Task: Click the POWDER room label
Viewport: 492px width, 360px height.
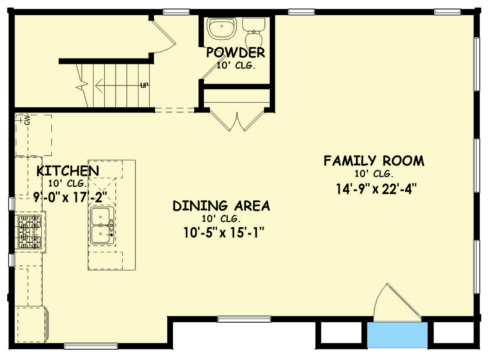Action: (x=235, y=53)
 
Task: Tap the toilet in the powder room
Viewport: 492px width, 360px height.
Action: (x=254, y=32)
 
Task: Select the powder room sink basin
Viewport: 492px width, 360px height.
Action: (x=222, y=28)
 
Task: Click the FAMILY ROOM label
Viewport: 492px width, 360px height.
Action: (x=374, y=161)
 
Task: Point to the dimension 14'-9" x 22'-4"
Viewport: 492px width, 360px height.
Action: (x=376, y=189)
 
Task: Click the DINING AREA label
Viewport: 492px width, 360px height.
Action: (x=221, y=206)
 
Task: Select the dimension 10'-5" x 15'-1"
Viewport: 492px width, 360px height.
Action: (x=224, y=233)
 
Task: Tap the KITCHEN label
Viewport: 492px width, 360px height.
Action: (x=68, y=171)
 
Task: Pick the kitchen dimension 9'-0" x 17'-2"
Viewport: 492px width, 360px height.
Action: (x=70, y=198)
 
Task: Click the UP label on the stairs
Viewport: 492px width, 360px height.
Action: (x=144, y=85)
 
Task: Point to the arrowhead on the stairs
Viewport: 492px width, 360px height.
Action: (x=98, y=85)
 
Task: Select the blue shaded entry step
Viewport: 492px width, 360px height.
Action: (x=397, y=335)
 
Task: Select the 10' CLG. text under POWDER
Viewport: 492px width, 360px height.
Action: (x=235, y=66)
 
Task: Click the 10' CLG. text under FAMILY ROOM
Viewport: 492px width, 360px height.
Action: (x=374, y=174)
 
